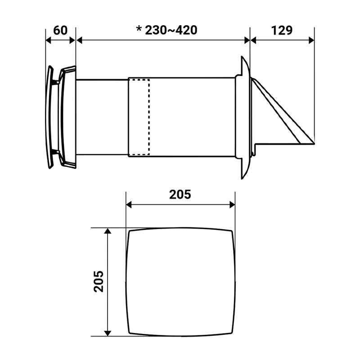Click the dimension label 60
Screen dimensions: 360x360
(x=60, y=30)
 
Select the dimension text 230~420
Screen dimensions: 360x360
(x=171, y=30)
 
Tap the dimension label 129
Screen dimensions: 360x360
(x=282, y=30)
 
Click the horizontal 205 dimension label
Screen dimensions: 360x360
(x=180, y=194)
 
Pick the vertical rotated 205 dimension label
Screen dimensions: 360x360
(x=99, y=282)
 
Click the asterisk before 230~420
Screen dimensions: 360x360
(x=139, y=29)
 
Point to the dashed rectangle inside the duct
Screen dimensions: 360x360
(x=139, y=117)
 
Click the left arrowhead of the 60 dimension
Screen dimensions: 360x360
(x=48, y=40)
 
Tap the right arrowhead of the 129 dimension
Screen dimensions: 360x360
(x=311, y=40)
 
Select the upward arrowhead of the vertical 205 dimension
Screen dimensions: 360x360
(x=108, y=231)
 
